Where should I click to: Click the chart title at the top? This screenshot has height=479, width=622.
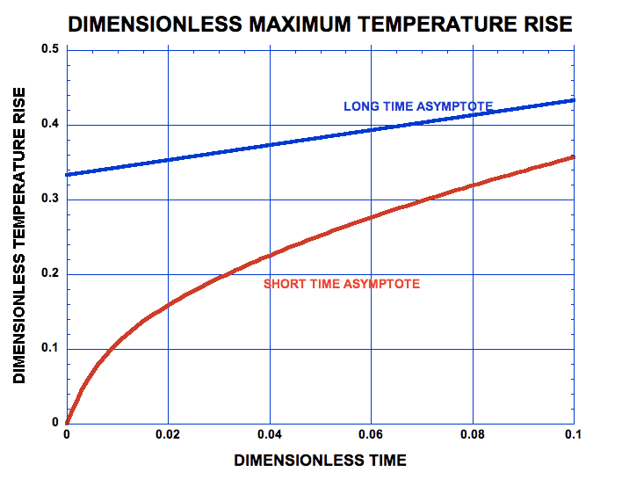(320, 25)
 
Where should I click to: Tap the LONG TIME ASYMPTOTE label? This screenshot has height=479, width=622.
(417, 106)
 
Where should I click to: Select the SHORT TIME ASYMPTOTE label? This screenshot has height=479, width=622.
(342, 284)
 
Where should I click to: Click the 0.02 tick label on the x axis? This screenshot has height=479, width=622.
(168, 435)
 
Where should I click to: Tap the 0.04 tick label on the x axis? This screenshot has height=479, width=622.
(270, 435)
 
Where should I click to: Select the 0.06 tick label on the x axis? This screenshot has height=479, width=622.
(371, 435)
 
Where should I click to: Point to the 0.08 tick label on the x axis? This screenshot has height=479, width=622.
(473, 435)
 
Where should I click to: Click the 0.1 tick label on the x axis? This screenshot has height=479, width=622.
(574, 435)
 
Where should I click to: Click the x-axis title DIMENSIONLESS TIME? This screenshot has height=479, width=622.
(320, 460)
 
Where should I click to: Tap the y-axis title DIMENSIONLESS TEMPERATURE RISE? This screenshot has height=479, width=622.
(19, 236)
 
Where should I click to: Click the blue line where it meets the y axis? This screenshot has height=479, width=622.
(68, 174)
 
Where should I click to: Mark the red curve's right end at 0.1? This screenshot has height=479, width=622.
(573, 157)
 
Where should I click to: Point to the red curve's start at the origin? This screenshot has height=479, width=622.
(68, 422)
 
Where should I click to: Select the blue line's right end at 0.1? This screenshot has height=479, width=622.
(573, 100)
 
